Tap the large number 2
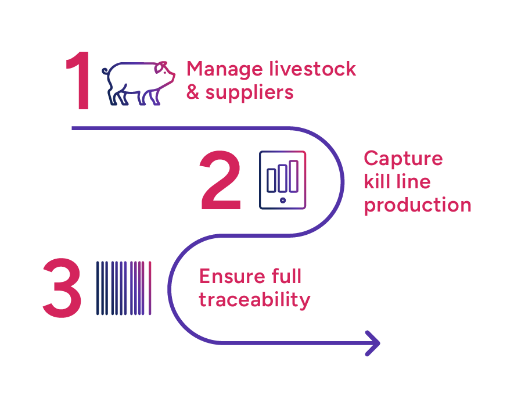click(220, 181)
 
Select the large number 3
click(62, 288)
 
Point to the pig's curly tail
click(105, 72)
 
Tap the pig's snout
click(172, 75)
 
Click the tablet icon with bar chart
click(282, 180)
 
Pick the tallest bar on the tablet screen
click(294, 175)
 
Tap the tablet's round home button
click(283, 200)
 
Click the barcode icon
click(124, 288)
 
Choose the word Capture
click(403, 159)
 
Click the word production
click(417, 205)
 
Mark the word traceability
click(254, 300)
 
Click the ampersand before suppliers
click(193, 92)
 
